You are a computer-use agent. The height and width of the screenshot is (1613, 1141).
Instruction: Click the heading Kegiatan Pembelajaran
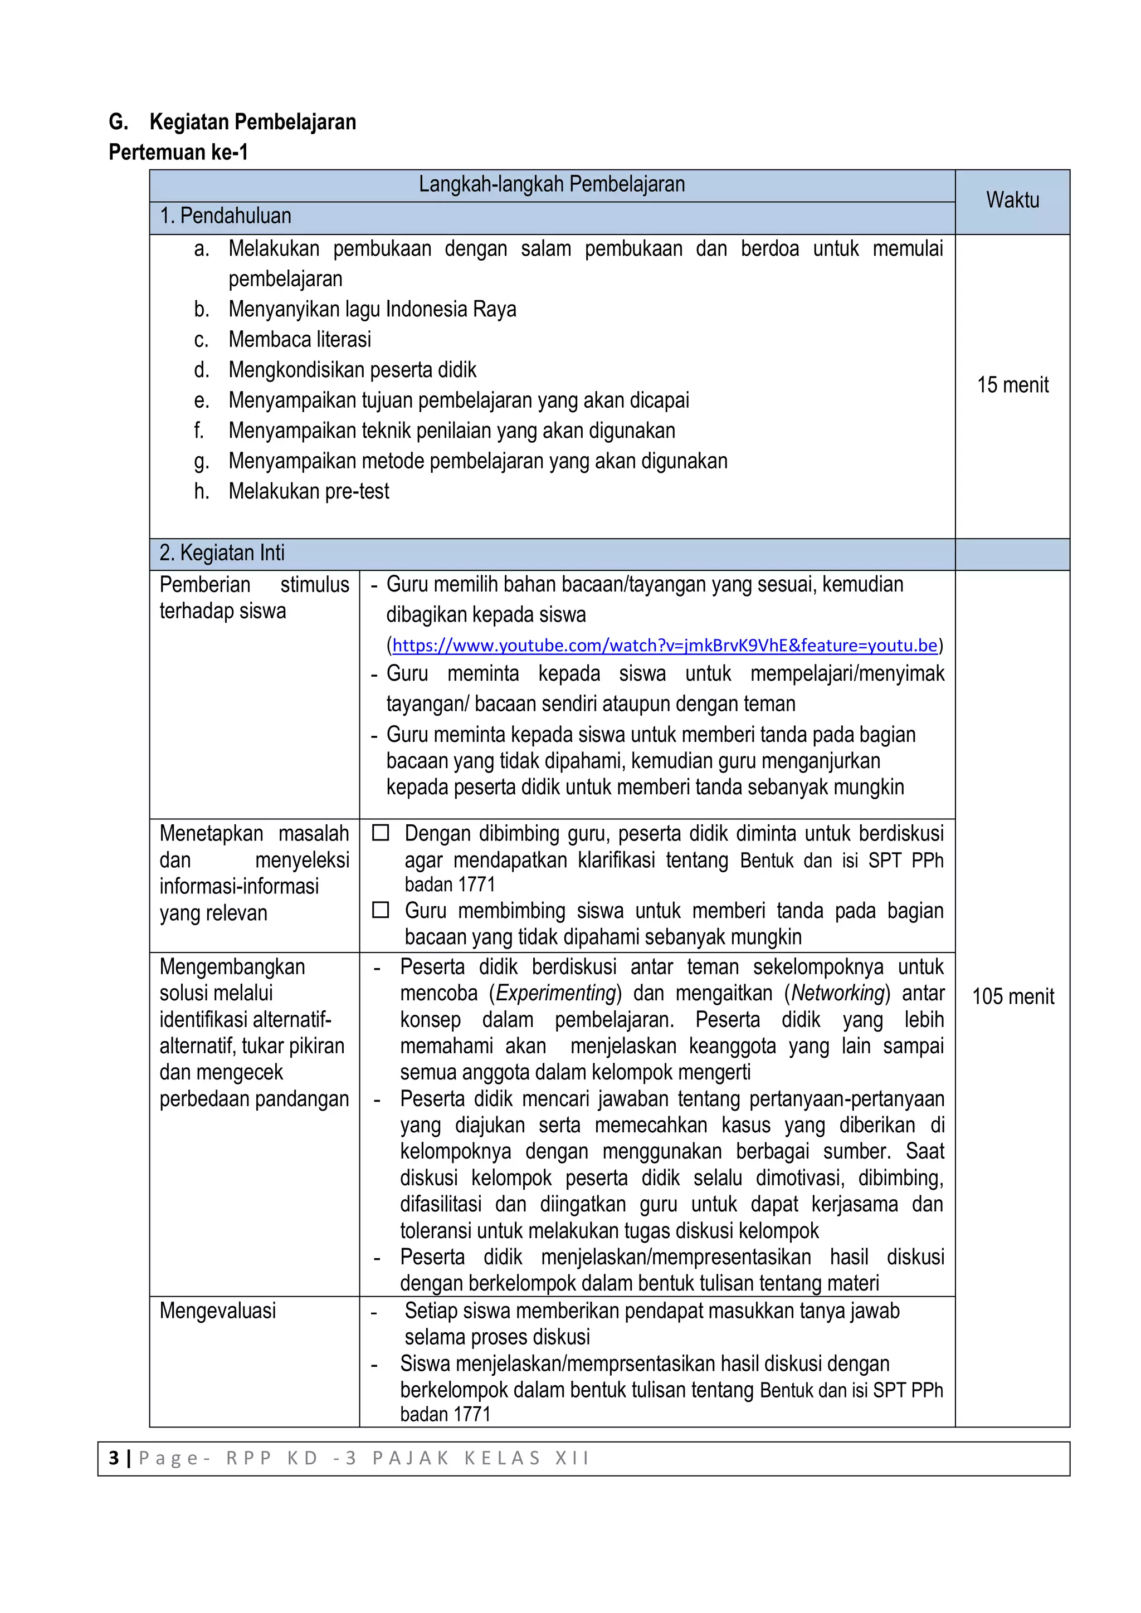tap(252, 122)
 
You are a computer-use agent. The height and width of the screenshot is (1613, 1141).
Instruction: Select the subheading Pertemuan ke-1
tap(178, 153)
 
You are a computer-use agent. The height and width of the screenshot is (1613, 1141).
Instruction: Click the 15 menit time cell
tap(1012, 385)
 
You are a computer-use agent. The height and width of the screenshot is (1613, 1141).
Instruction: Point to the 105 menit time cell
tap(1012, 996)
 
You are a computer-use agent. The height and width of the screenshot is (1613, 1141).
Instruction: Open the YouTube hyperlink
tap(664, 646)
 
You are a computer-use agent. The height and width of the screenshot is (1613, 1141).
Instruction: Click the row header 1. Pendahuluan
tap(226, 216)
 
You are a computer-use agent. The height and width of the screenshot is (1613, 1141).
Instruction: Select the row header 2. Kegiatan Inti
tap(222, 553)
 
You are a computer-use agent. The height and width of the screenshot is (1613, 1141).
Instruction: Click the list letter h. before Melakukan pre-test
tap(202, 492)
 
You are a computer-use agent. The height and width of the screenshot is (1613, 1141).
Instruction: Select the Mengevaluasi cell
tap(218, 1311)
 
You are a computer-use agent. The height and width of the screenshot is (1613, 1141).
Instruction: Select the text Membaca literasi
tap(299, 340)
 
